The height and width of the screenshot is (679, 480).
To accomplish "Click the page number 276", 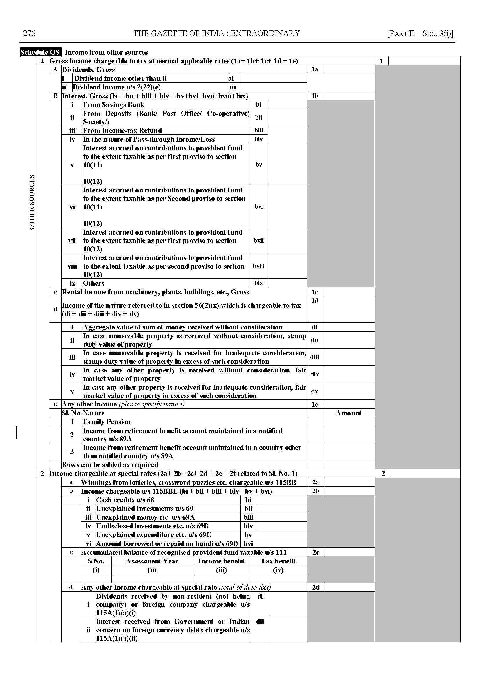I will point(29,33).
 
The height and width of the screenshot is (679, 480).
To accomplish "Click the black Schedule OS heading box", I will point(40,52).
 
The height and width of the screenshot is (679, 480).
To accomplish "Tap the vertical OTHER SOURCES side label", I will point(32,202).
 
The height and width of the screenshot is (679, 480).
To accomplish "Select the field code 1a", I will point(315,70).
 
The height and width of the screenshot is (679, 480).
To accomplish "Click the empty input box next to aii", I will point(273,87).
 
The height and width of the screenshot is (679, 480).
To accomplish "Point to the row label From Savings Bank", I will point(113,105).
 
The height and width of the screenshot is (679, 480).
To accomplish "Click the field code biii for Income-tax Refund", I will point(259,130).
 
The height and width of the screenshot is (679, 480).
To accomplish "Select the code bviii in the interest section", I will point(259,266).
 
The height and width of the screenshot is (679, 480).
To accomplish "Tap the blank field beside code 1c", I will point(349,292).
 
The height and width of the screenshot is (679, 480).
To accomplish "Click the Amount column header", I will point(349,413).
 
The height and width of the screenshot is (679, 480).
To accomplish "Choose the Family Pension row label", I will point(107,422).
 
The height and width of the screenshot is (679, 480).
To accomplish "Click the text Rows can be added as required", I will point(110,464).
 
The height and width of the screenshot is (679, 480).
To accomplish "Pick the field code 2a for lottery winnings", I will point(316,482).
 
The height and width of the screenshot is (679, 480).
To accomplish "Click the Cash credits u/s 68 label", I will point(125,500).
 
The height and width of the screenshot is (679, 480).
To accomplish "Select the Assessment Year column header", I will point(152,561).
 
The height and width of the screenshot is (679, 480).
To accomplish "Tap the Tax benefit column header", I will point(278,561).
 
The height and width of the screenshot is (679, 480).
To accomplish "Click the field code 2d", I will point(316,587).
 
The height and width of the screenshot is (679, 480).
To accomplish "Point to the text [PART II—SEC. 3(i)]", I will point(420,33).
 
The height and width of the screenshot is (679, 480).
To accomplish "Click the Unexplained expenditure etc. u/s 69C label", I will point(154,535).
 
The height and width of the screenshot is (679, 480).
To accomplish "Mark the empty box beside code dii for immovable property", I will point(349,340).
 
